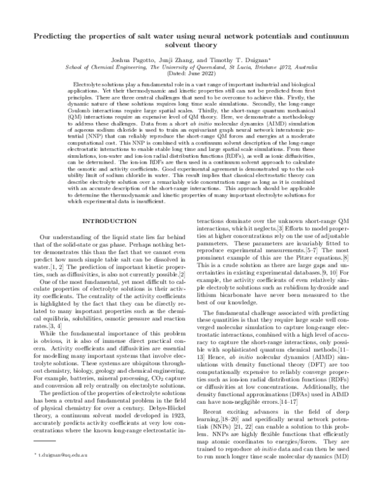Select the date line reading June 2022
point(189,73)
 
